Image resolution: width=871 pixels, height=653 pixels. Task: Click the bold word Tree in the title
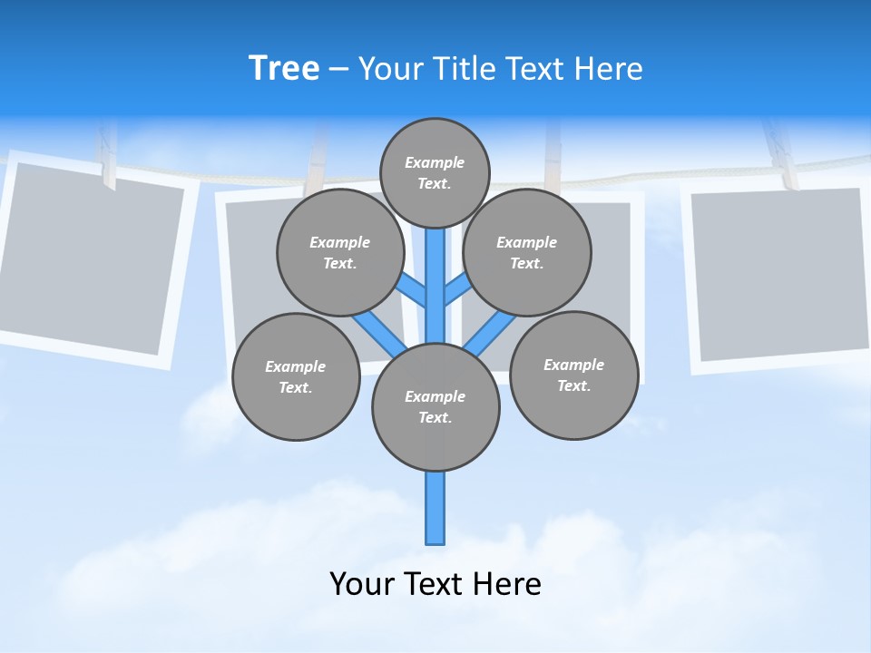[x=284, y=69]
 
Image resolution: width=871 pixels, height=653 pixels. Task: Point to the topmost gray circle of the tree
[x=435, y=172]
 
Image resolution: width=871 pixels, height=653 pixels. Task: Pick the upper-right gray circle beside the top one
[x=527, y=253]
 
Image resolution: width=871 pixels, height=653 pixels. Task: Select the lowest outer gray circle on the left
[x=296, y=377]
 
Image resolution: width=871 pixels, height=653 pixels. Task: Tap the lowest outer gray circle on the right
[x=574, y=375]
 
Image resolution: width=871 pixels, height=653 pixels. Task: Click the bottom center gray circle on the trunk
[x=435, y=407]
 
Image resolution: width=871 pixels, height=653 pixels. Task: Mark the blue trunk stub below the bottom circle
[x=435, y=508]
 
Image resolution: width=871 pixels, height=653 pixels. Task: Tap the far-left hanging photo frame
[x=91, y=263]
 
